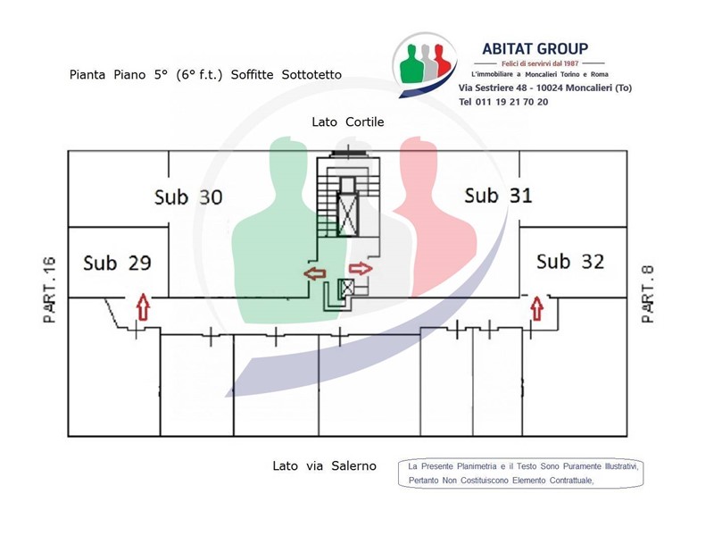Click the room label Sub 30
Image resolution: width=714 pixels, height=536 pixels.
click(188, 197)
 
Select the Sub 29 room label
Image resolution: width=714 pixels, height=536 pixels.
click(118, 263)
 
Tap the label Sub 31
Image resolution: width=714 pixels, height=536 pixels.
click(498, 196)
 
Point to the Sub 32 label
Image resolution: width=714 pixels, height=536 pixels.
click(570, 262)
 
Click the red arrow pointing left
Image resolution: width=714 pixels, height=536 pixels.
click(315, 273)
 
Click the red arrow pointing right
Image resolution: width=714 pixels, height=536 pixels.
click(361, 269)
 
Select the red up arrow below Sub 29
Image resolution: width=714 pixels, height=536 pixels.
click(144, 306)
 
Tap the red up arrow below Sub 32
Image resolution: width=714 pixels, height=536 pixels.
click(537, 308)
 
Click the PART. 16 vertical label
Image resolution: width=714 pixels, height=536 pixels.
click(50, 290)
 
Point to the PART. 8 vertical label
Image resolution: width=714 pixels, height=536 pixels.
click(648, 295)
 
